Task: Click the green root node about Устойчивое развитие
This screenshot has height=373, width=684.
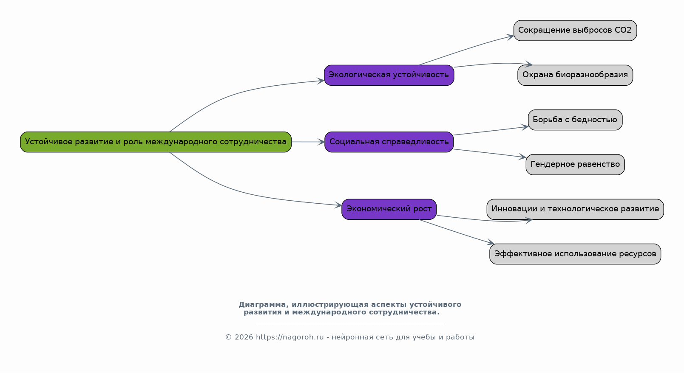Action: tap(156, 142)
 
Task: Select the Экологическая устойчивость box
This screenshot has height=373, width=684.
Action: tap(389, 75)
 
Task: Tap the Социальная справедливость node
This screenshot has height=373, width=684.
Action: tap(389, 142)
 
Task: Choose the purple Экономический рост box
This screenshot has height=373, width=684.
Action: tap(389, 209)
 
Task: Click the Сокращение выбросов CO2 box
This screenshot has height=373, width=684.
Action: tap(575, 31)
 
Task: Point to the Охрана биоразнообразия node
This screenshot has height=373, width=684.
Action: tap(575, 75)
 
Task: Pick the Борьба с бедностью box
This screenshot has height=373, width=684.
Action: tap(575, 120)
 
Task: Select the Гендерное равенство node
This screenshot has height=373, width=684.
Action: tap(575, 164)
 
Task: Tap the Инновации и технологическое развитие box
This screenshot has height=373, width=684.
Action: tap(575, 209)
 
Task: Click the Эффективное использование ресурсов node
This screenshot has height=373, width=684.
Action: tap(575, 254)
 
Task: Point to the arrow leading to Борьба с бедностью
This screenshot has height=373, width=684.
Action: tap(491, 131)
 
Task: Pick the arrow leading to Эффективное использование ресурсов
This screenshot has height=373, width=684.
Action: tap(457, 232)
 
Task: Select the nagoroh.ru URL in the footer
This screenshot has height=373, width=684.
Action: tap(289, 337)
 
